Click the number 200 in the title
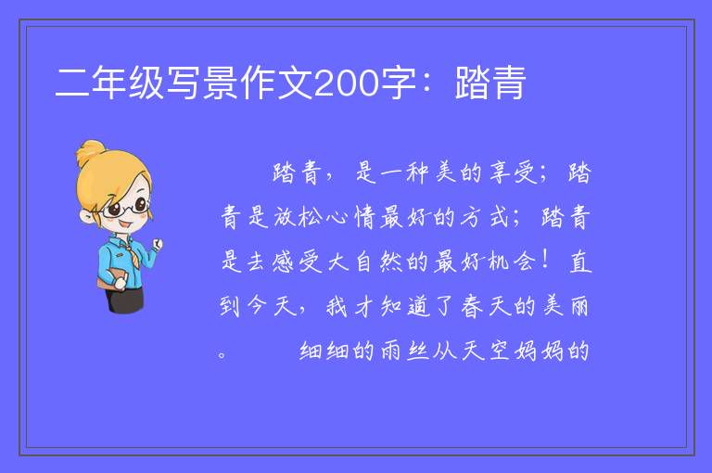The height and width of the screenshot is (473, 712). (347, 83)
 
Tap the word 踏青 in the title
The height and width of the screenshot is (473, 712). (490, 83)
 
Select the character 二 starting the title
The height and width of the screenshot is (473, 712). (72, 83)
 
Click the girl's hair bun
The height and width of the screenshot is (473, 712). (91, 152)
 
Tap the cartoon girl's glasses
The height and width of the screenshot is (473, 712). (125, 208)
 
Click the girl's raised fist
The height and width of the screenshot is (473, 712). (157, 244)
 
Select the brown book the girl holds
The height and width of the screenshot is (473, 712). (110, 278)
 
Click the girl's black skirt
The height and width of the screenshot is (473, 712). (125, 300)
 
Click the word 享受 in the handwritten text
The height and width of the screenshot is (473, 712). (514, 173)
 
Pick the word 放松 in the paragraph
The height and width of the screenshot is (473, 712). (298, 217)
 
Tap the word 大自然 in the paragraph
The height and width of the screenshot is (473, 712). (363, 262)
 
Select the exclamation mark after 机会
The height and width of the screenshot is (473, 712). (544, 261)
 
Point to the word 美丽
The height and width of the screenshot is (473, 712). (566, 306)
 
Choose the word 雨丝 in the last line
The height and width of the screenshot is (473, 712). (404, 351)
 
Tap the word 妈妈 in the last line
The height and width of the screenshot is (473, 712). (539, 351)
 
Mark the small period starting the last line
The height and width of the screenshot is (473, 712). (222, 355)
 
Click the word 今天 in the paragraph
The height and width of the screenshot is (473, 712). (271, 306)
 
